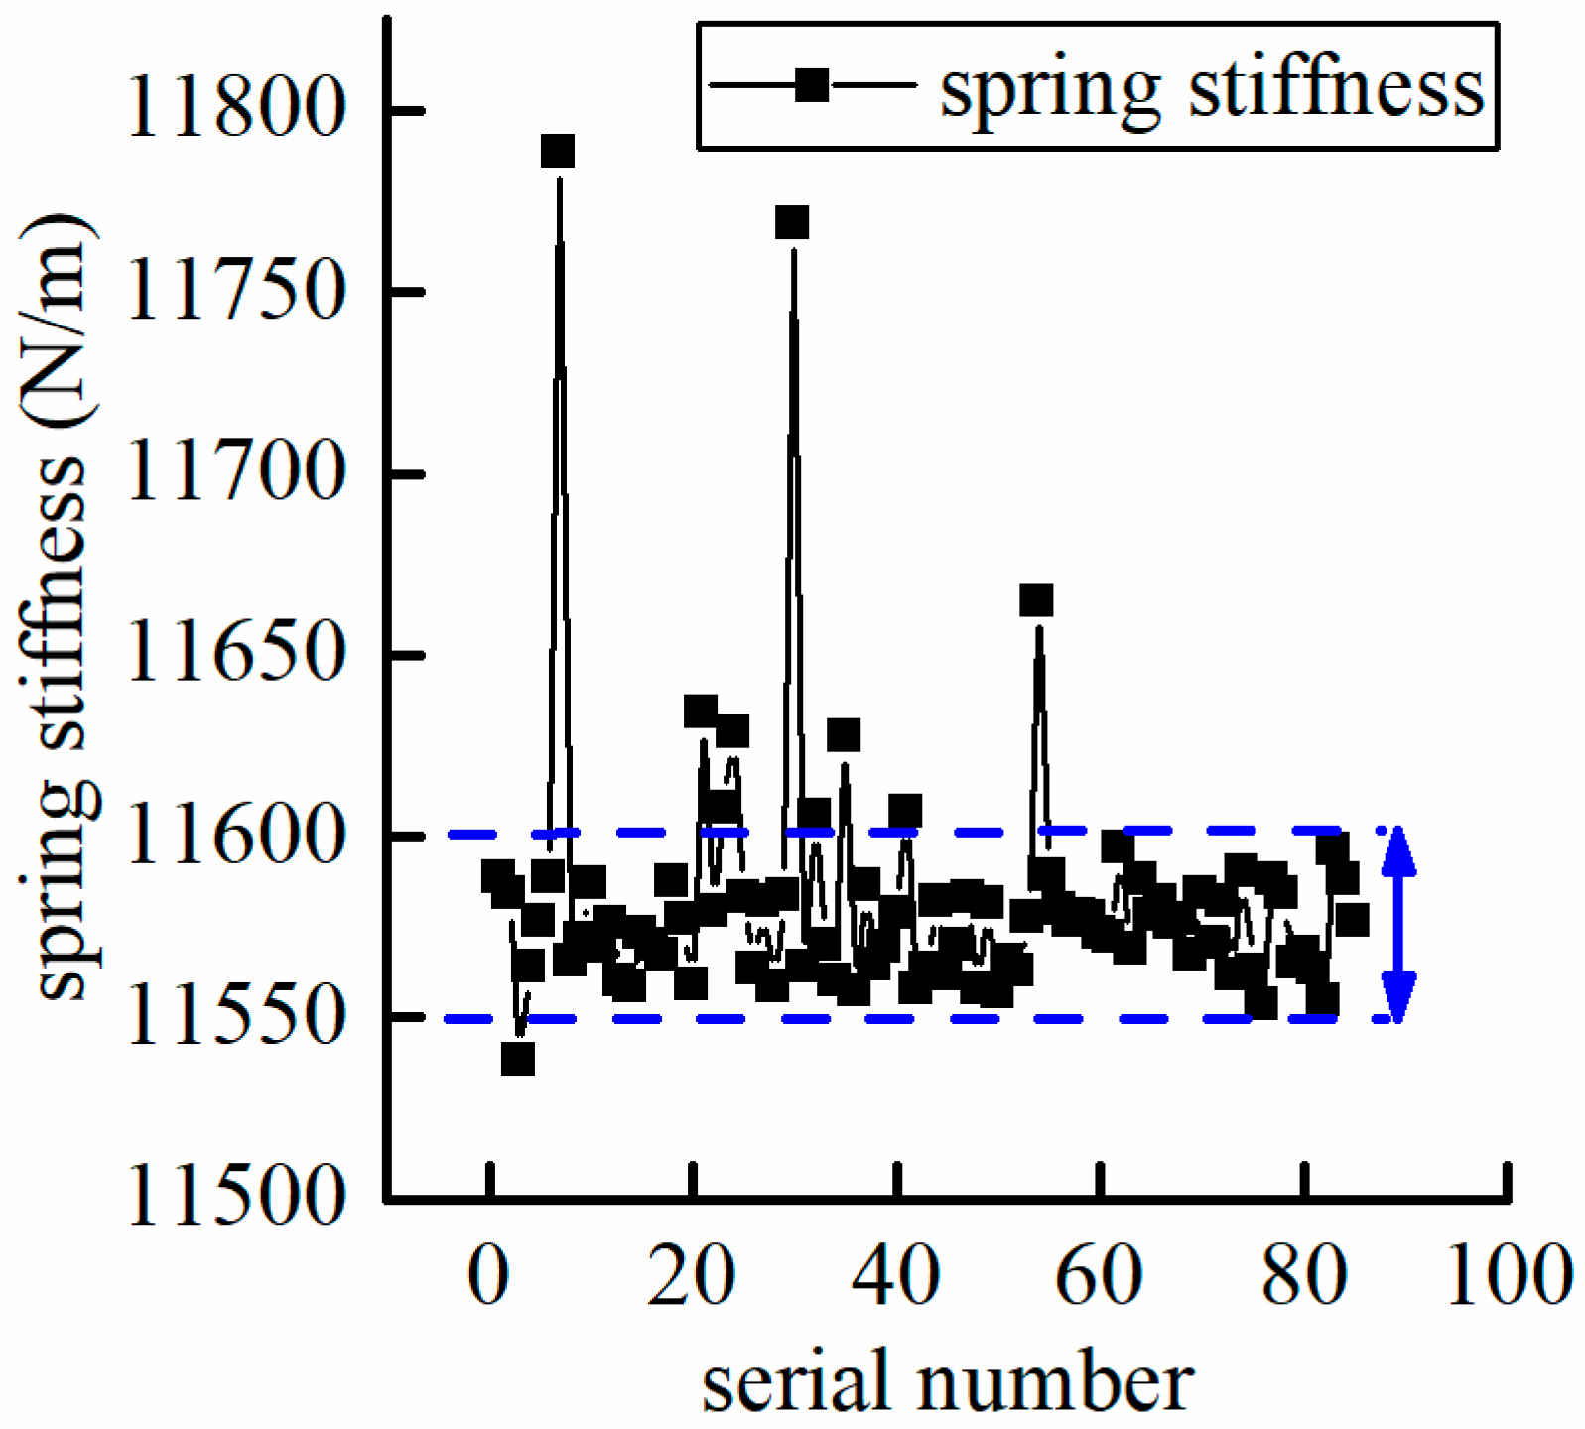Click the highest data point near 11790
tap(558, 152)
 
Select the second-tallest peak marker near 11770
tap(791, 223)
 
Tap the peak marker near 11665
tap(1036, 600)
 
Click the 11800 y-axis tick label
tap(236, 108)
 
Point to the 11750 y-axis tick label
tap(236, 291)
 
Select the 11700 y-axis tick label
tap(236, 473)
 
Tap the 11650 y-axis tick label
tap(236, 654)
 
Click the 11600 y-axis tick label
tap(236, 837)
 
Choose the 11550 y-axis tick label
tap(236, 1017)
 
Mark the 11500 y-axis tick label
tap(236, 1198)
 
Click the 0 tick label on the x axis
tap(489, 1276)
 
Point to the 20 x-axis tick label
tap(692, 1276)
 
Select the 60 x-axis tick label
tap(1099, 1276)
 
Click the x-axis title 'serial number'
tap(948, 1382)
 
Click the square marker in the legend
tap(812, 85)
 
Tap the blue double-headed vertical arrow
tap(1398, 925)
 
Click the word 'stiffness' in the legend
tap(1336, 89)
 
